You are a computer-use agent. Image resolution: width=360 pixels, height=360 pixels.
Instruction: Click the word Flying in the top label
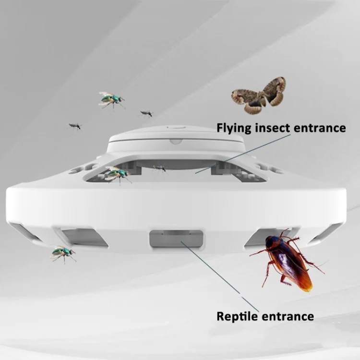point(234,128)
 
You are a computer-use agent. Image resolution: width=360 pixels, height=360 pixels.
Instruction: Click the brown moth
point(259,96)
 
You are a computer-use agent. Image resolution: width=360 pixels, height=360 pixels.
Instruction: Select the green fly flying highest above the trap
point(112,100)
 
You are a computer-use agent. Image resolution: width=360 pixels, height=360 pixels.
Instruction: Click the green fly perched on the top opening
point(117,175)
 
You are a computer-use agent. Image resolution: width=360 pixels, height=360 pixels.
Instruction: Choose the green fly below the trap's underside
point(63,253)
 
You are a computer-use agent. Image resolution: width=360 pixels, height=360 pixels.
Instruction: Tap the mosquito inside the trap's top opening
point(160,169)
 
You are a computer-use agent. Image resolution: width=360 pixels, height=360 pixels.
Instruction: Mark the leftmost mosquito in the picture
point(75,126)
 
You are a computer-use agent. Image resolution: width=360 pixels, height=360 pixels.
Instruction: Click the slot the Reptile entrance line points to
point(176,239)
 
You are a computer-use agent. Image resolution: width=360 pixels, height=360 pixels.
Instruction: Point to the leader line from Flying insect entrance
point(243,154)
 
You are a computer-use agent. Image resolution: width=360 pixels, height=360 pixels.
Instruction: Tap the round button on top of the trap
point(176,127)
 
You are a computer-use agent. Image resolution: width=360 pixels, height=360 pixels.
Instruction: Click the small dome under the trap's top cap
point(176,142)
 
